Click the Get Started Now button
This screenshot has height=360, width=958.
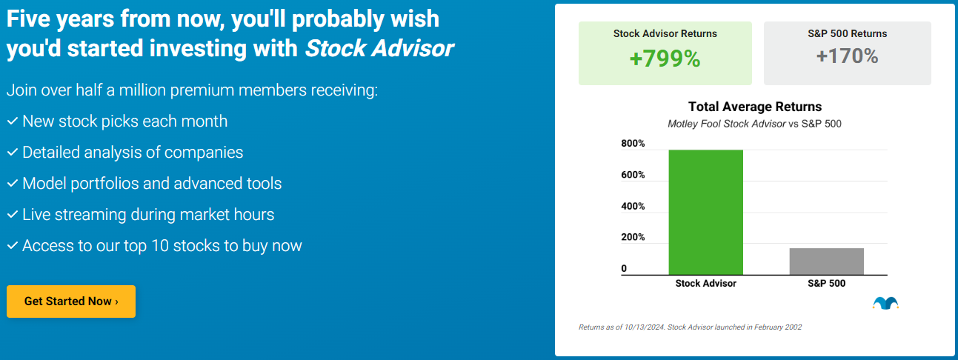tap(71, 301)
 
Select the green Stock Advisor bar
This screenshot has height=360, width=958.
tap(705, 213)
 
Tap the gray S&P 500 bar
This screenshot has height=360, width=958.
tap(826, 261)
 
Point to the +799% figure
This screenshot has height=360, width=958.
tap(665, 59)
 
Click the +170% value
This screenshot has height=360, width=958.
tap(847, 56)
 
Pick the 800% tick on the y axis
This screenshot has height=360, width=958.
tap(633, 144)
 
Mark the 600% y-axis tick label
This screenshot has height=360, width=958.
tap(633, 175)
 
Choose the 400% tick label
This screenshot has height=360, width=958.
tap(633, 206)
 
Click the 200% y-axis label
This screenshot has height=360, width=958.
tap(633, 237)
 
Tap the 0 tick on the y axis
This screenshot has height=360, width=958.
tap(624, 268)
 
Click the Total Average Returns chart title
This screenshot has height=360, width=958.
tap(754, 107)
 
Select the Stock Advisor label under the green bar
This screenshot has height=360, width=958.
tap(705, 284)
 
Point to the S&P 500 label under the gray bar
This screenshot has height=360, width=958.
tap(826, 284)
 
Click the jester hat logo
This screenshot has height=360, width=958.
tap(885, 302)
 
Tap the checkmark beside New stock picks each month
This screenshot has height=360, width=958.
tap(12, 121)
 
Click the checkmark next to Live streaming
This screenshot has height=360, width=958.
tap(12, 215)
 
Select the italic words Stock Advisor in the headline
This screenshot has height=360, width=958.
tap(379, 49)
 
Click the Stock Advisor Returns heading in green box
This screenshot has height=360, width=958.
tap(665, 33)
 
